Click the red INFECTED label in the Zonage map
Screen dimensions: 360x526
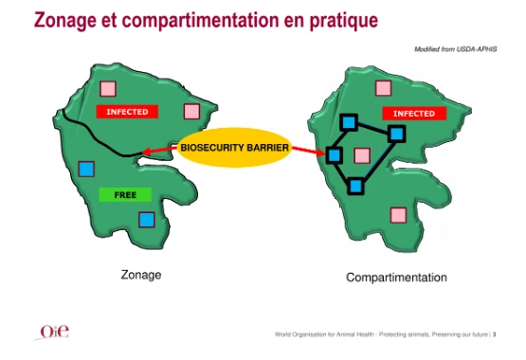click(127, 112)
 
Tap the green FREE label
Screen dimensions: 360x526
click(125, 195)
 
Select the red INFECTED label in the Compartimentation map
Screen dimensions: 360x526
click(413, 114)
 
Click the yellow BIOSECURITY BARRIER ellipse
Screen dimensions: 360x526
click(234, 148)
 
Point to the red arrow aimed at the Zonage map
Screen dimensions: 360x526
click(158, 151)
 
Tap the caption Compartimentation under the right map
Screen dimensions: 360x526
click(396, 278)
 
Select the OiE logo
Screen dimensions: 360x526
click(53, 332)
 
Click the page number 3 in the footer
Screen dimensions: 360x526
click(495, 334)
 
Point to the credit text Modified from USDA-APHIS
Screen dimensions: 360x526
click(455, 48)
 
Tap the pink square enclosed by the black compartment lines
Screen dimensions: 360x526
click(362, 154)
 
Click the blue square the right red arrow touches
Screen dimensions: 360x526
click(335, 154)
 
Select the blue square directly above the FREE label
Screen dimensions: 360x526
click(86, 169)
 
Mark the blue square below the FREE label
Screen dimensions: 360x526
click(147, 220)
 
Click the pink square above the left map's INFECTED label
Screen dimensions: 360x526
click(107, 90)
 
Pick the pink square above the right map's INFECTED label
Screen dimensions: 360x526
click(383, 88)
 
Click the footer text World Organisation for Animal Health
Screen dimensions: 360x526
click(331, 334)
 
